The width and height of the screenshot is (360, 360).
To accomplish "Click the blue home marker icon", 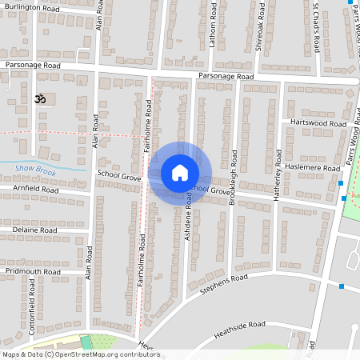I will [179, 173].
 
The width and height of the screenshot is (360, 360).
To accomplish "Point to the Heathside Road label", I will [240, 328].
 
